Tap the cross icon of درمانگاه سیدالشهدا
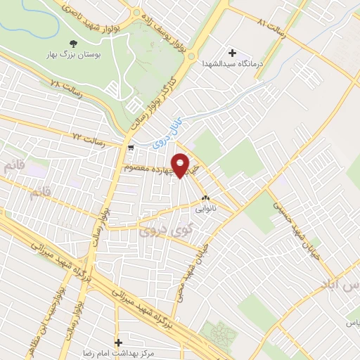[233, 52]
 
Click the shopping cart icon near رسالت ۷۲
[131, 148]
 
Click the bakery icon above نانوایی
[205, 199]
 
